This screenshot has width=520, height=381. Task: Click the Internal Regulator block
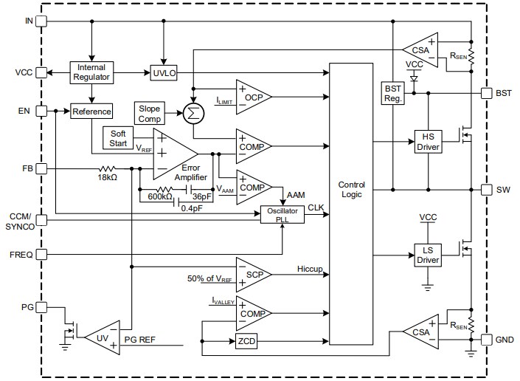pyautogui.click(x=91, y=72)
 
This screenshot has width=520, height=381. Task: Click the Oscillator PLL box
pyautogui.click(x=282, y=214)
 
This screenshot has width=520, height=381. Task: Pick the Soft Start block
pyautogui.click(x=119, y=137)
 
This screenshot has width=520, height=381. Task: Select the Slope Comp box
pyautogui.click(x=149, y=114)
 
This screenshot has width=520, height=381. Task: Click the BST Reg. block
pyautogui.click(x=392, y=94)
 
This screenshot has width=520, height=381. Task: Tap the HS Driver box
pyautogui.click(x=427, y=141)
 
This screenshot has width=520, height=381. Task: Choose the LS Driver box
pyautogui.click(x=427, y=255)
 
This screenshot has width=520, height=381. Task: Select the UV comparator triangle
pyautogui.click(x=103, y=337)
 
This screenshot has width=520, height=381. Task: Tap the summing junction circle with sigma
pyautogui.click(x=193, y=113)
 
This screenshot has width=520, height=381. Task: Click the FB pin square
pyautogui.click(x=41, y=168)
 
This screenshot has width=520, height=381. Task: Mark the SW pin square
pyautogui.click(x=485, y=189)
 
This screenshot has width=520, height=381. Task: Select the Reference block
pyautogui.click(x=91, y=111)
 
